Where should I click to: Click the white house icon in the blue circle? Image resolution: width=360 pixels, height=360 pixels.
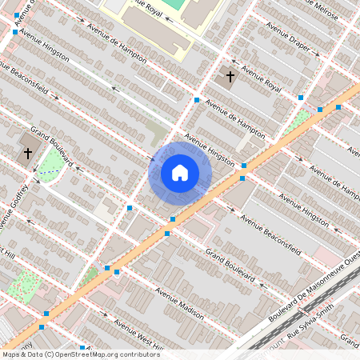(x=180, y=172)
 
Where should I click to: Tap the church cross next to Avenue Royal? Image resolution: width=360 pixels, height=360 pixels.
(x=230, y=77)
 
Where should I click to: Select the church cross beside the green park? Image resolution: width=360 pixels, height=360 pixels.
(x=27, y=153)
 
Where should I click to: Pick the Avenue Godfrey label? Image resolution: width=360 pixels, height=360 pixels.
(x=15, y=206)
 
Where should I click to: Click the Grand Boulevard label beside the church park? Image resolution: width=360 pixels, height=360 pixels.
(x=52, y=146)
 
